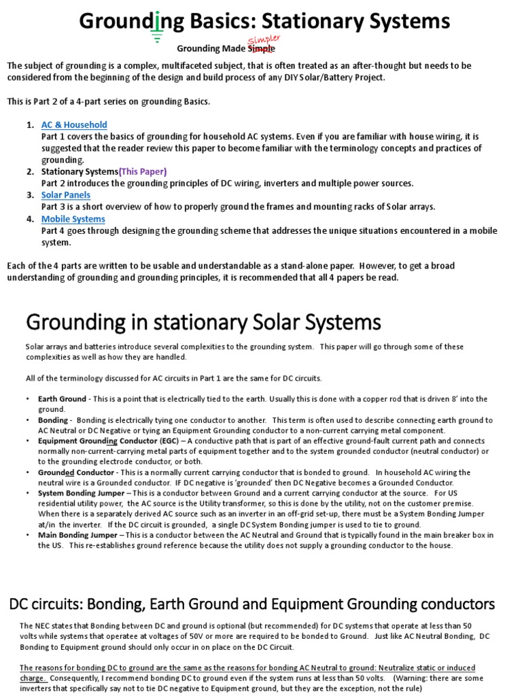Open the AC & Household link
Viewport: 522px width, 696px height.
(74, 125)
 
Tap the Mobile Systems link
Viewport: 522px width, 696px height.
(73, 219)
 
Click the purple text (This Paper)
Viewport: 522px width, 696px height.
(143, 171)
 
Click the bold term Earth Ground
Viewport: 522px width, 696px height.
(62, 399)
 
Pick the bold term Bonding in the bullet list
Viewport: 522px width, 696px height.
(52, 421)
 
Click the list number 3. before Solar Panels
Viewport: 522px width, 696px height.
(30, 195)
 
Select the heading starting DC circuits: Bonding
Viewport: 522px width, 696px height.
(251, 604)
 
